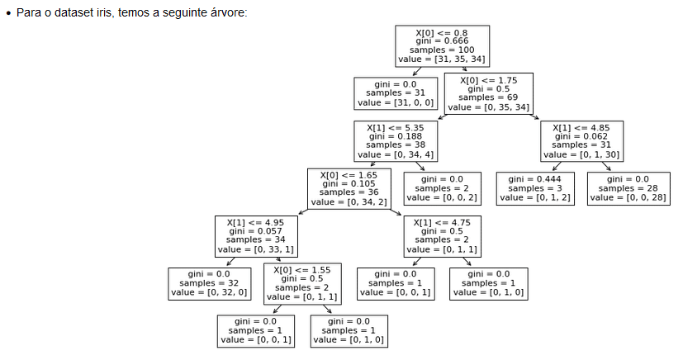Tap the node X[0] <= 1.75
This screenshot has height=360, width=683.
click(x=488, y=93)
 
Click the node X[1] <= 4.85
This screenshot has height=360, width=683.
click(x=581, y=141)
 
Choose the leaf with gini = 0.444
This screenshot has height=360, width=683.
click(x=535, y=188)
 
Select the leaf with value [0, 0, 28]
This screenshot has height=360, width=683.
click(x=628, y=188)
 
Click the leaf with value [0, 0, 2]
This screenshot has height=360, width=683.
click(x=443, y=188)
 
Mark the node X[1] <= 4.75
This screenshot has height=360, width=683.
click(x=443, y=236)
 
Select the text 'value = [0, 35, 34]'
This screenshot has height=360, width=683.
click(x=488, y=108)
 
